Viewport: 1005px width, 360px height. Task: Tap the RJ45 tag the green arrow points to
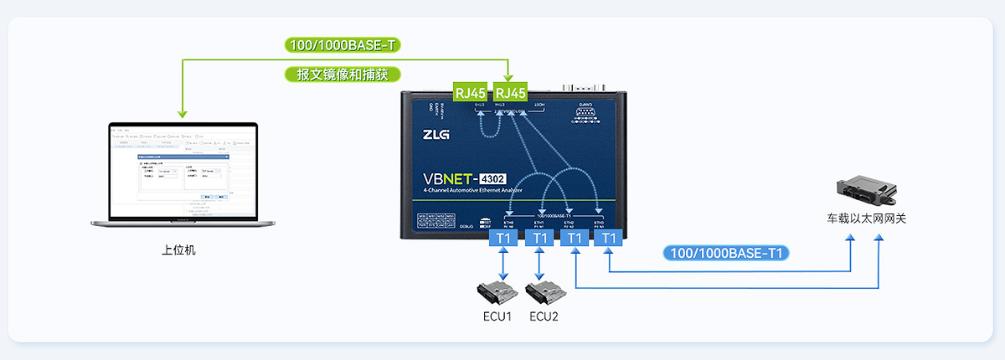[x=510, y=92]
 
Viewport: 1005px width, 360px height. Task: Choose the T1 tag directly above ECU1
[x=502, y=239]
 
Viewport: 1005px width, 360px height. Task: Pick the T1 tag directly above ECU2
[x=539, y=239]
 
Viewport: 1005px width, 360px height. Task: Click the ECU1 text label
[x=497, y=317]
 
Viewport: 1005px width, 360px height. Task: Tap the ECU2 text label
[x=544, y=317]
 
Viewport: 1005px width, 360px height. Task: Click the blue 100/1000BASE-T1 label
[x=727, y=252]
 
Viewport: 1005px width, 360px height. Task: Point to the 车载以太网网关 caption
[x=867, y=219]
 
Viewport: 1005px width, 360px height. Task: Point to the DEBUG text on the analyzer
[x=468, y=226]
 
